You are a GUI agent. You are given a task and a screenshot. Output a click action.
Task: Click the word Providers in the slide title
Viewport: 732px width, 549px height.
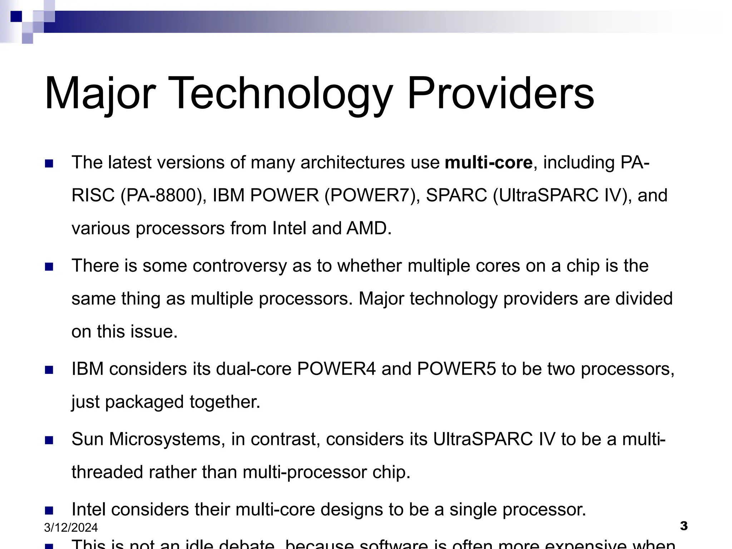[500, 94]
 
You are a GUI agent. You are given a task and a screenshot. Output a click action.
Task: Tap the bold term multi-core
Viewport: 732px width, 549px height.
[489, 163]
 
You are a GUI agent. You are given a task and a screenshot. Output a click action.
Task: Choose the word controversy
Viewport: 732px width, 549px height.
[239, 266]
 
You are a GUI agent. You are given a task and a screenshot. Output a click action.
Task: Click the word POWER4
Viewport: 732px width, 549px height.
[336, 369]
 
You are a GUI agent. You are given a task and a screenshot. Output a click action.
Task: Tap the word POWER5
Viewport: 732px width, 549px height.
[456, 369]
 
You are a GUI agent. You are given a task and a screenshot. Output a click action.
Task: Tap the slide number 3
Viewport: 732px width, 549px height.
[684, 526]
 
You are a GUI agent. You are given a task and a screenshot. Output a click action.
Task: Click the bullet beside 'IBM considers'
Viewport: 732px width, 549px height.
[49, 370]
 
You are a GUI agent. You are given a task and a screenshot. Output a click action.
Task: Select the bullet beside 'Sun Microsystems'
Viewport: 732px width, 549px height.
[49, 440]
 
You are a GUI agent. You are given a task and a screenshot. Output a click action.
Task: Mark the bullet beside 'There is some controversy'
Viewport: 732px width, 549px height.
[49, 267]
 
